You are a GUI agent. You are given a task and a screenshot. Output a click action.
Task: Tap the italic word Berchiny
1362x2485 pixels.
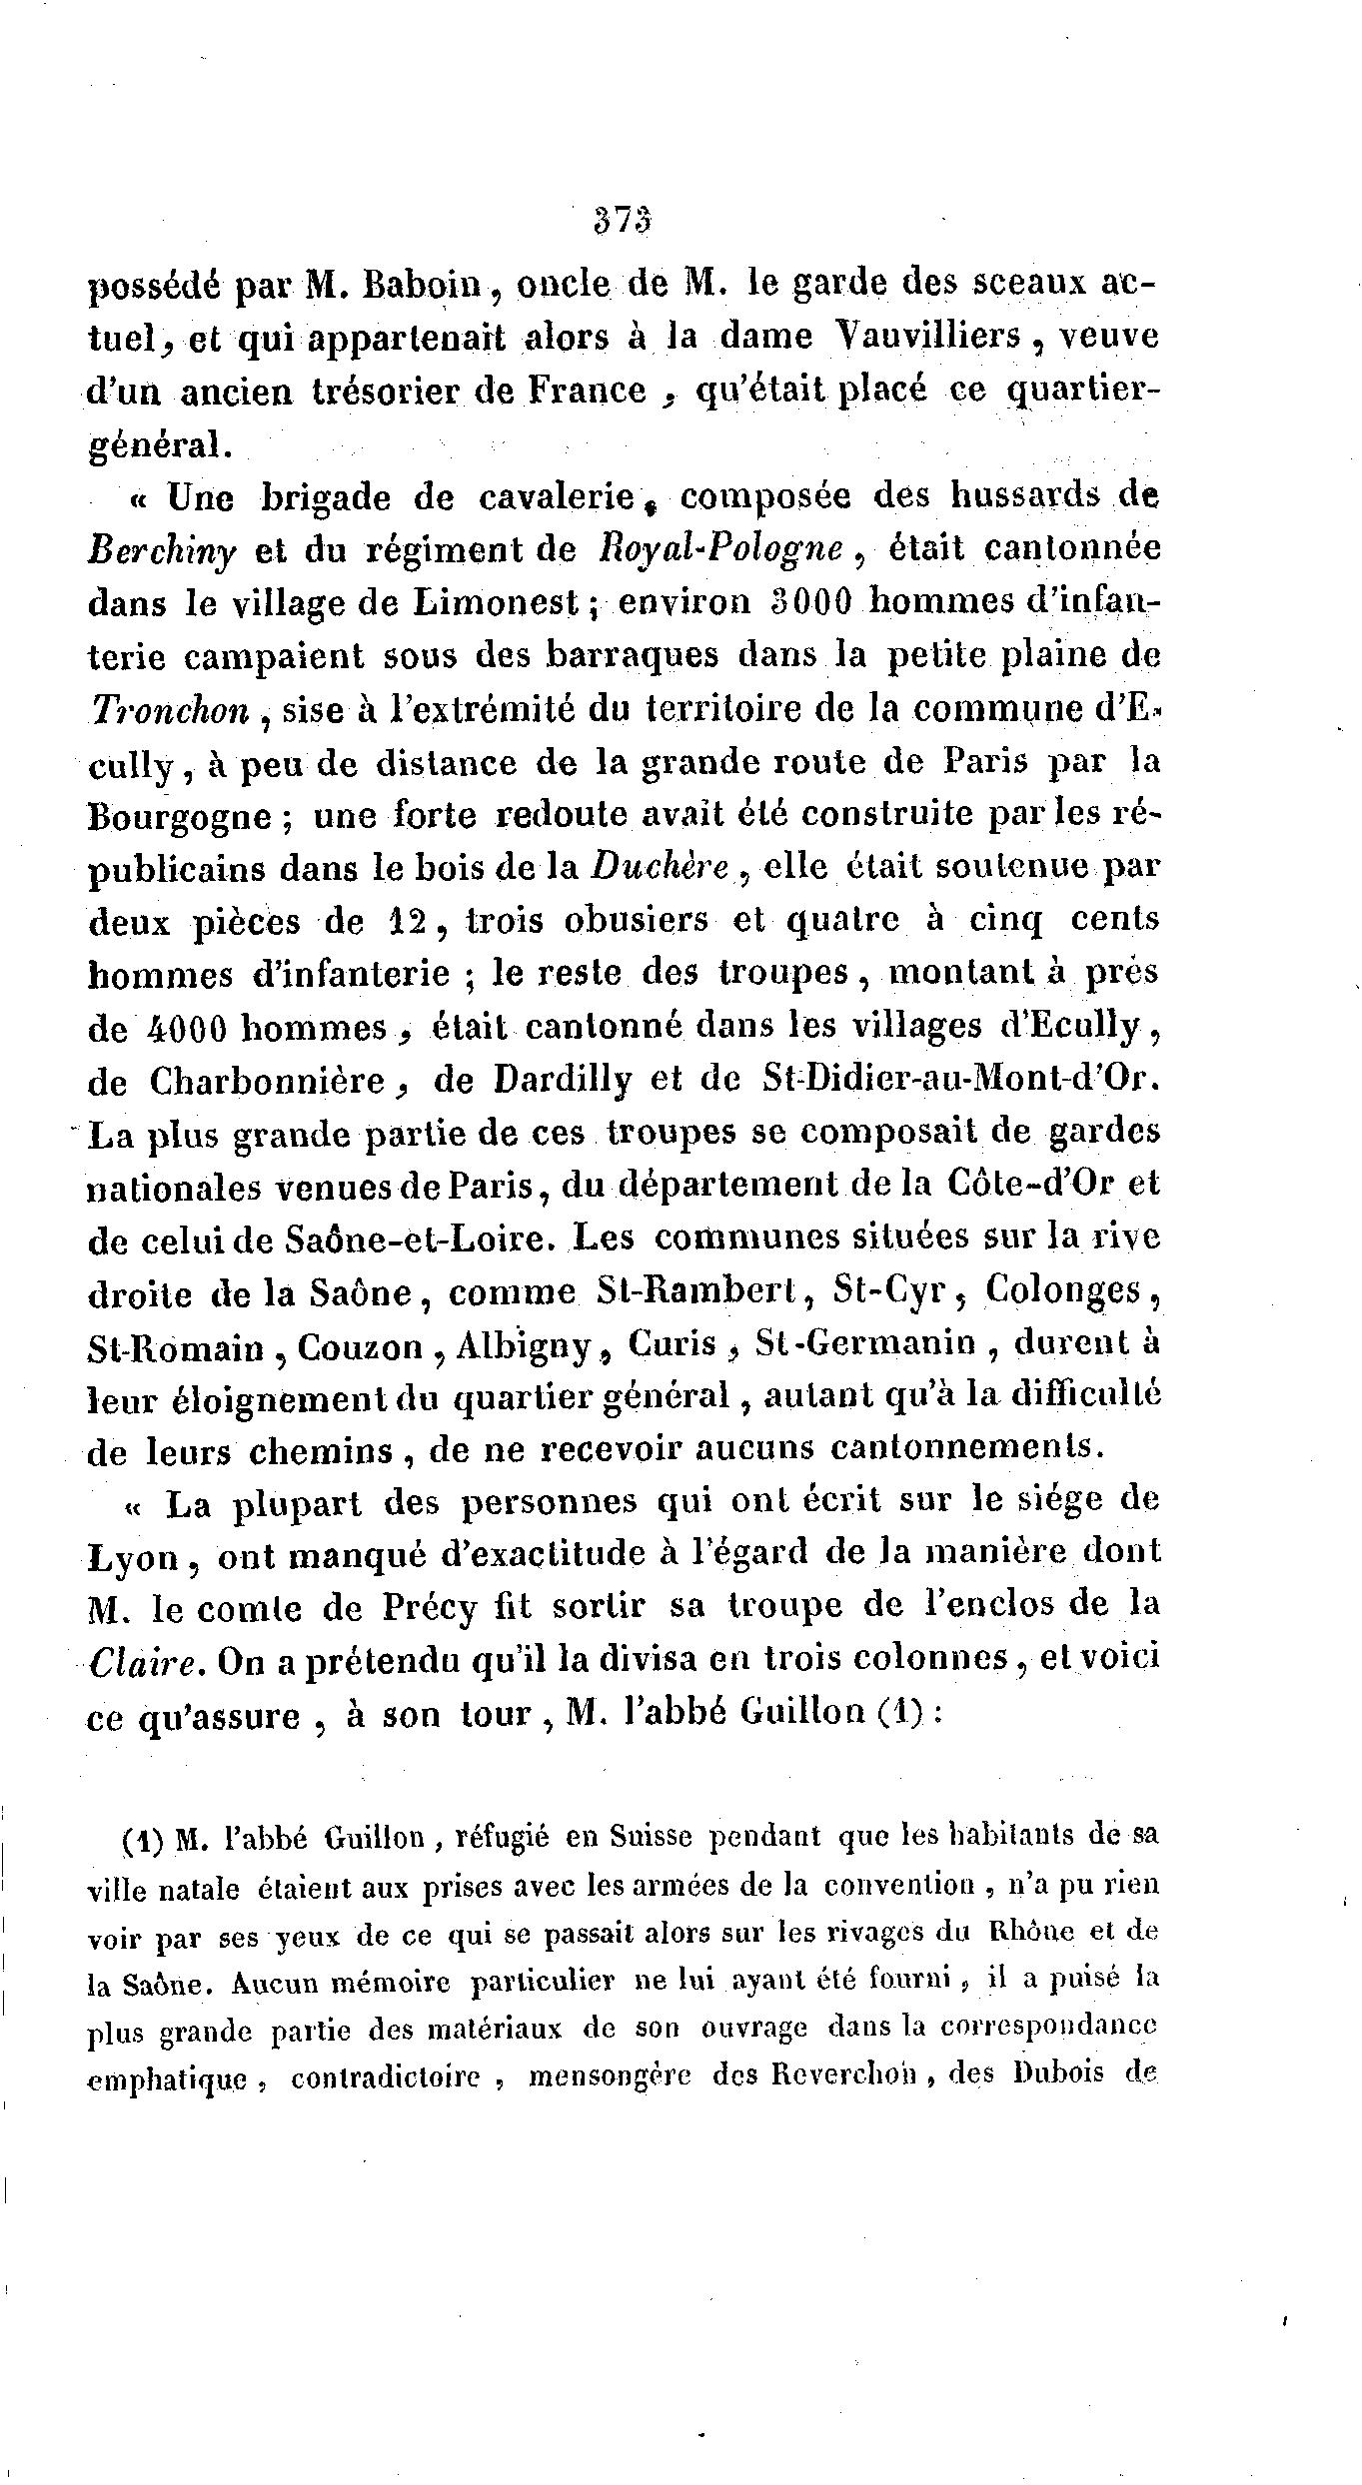click(x=163, y=551)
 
